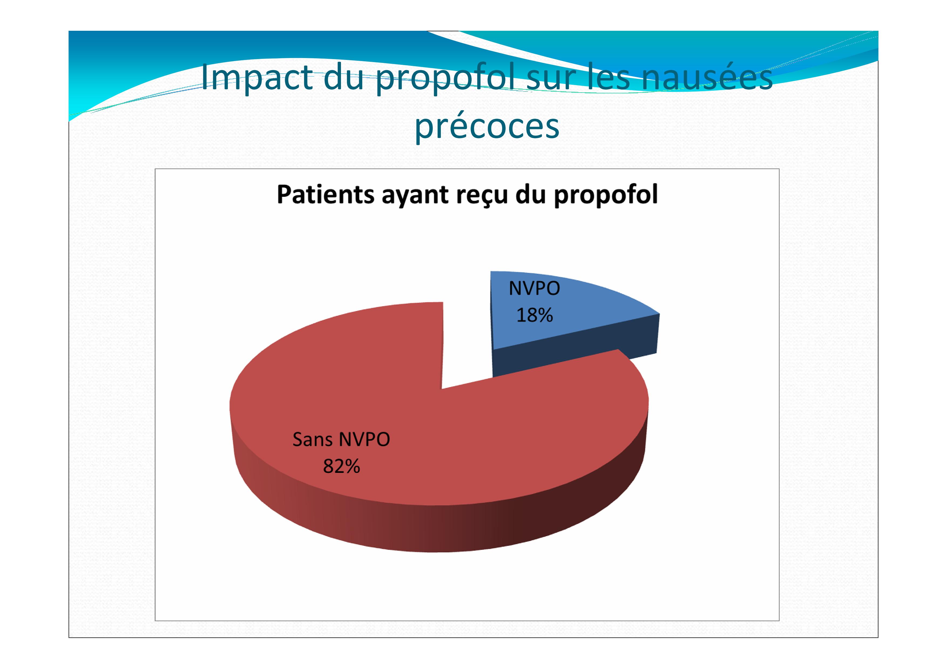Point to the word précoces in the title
click(x=487, y=127)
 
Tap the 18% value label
click(x=535, y=315)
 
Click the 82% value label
click(x=341, y=466)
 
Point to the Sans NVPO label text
click(x=341, y=439)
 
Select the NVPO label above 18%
click(x=535, y=288)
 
